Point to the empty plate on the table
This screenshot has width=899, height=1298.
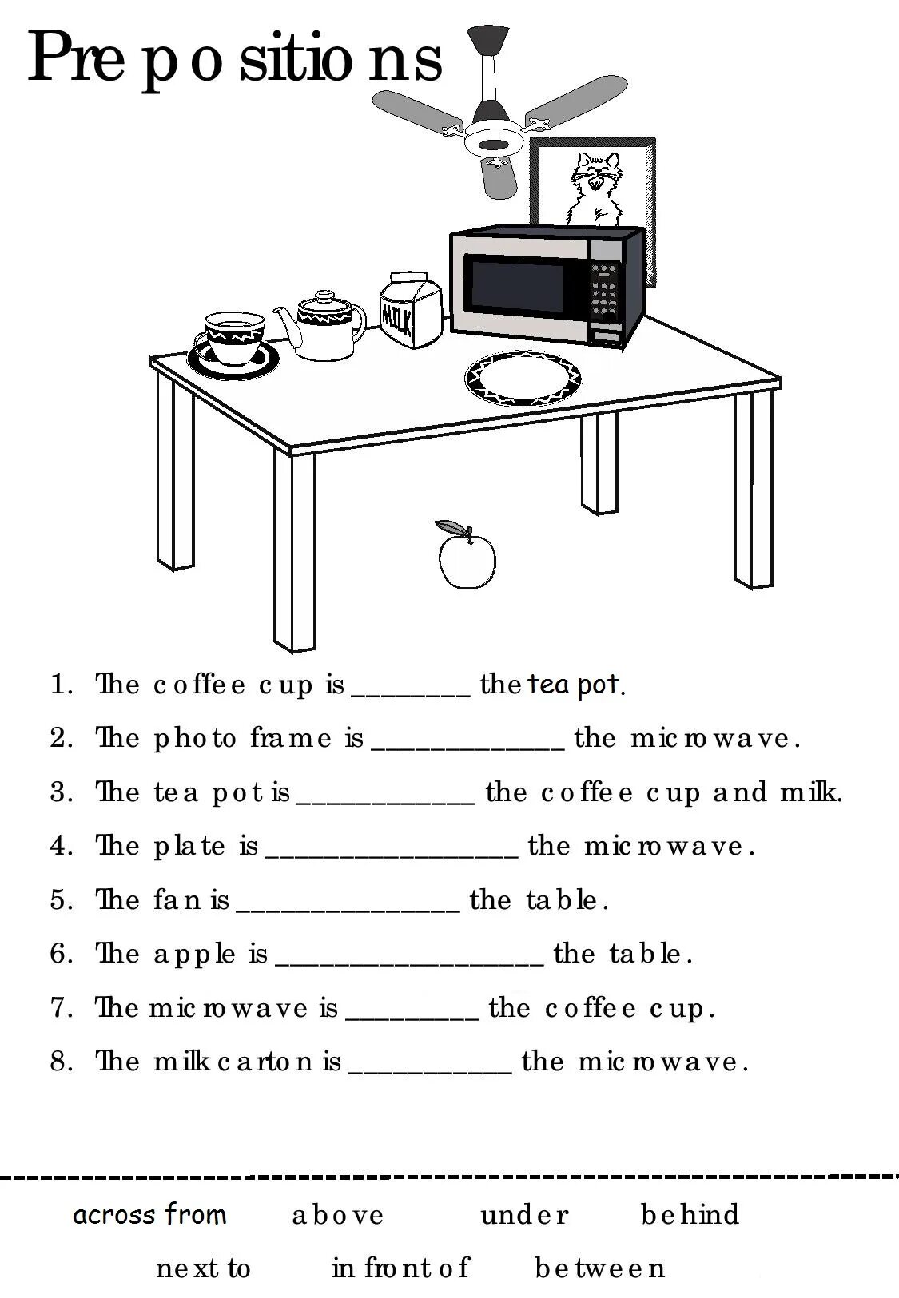(x=523, y=379)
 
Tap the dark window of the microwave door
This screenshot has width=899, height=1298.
(x=517, y=284)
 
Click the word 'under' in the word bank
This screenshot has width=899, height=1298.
(x=524, y=1214)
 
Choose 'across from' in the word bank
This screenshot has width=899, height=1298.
(x=149, y=1214)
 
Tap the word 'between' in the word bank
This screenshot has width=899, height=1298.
(x=599, y=1268)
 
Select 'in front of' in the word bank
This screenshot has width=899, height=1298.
(x=400, y=1268)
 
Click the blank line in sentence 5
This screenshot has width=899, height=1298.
(x=348, y=913)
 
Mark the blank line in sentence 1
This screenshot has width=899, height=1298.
(x=411, y=697)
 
